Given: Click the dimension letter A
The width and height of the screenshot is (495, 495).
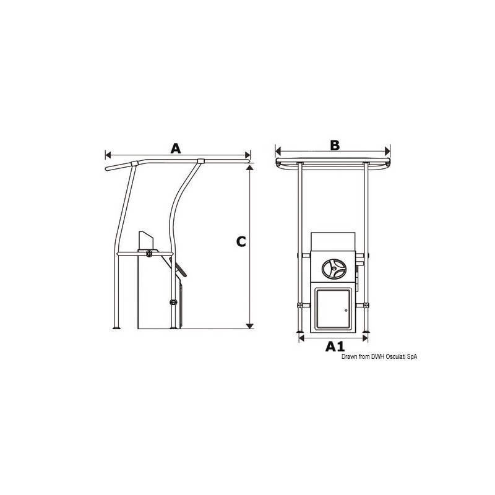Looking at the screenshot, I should click(x=176, y=148).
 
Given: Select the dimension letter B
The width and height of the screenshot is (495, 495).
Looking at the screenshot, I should click(x=334, y=145).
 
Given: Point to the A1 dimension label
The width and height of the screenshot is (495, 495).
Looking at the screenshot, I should click(x=335, y=346).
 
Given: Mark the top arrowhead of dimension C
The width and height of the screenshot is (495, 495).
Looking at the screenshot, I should click(x=249, y=168).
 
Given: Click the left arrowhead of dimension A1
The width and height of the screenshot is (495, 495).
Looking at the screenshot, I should click(x=302, y=338).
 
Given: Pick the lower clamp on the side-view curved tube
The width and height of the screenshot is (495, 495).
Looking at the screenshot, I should click(x=173, y=302).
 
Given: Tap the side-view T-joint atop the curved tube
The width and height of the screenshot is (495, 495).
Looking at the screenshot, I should click(x=199, y=163).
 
